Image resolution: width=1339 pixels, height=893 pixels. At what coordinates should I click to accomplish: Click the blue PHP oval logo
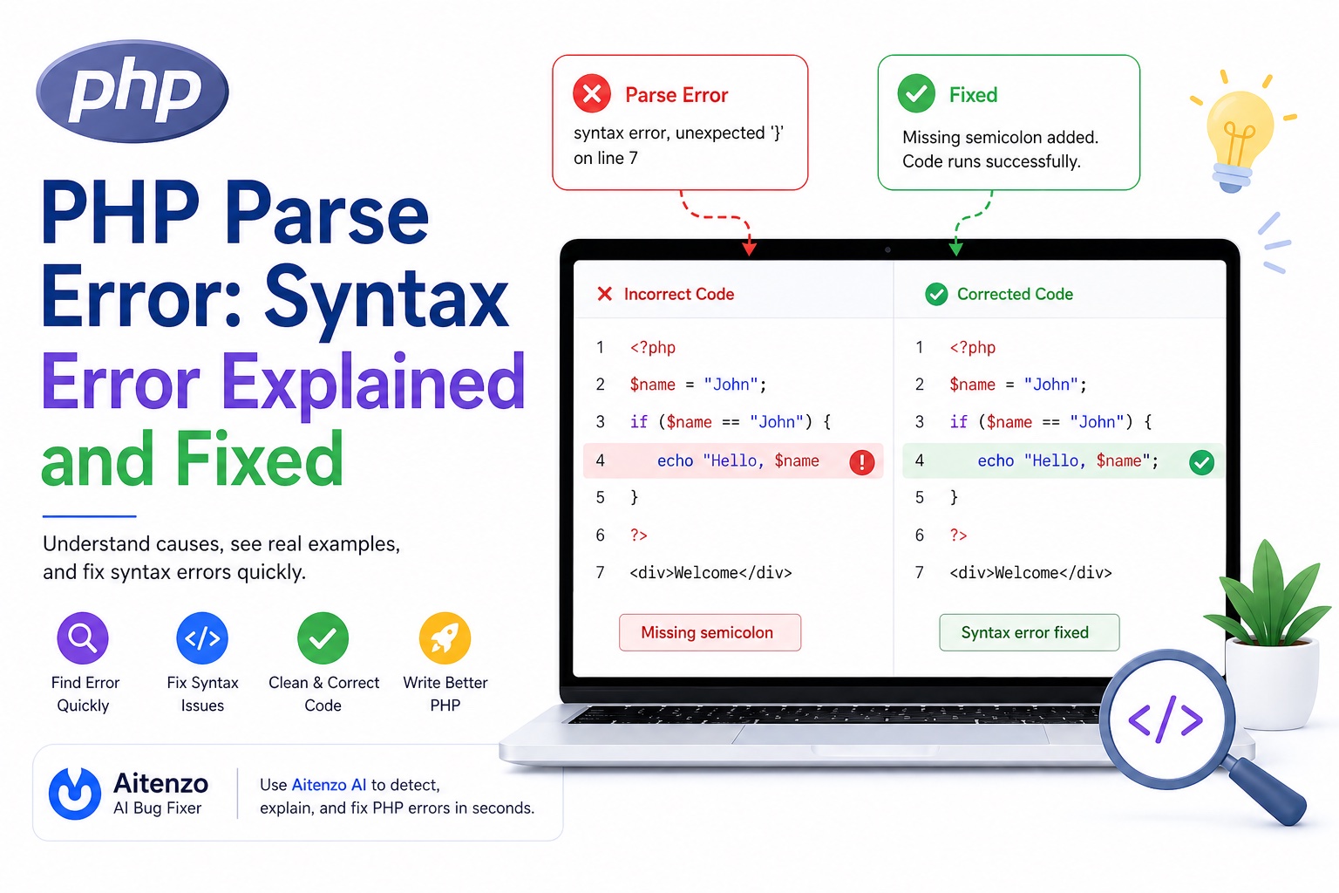pyautogui.click(x=133, y=92)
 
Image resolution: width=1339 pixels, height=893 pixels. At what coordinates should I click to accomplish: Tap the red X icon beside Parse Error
pyautogui.click(x=591, y=93)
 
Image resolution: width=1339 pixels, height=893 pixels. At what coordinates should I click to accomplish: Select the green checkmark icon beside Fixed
pyautogui.click(x=916, y=93)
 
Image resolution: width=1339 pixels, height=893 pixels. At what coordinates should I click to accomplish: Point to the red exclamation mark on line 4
pyautogui.click(x=861, y=462)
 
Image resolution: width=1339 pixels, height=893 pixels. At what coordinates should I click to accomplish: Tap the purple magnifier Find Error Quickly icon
pyautogui.click(x=83, y=638)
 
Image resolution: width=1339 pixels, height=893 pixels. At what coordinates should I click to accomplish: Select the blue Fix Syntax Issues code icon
pyautogui.click(x=202, y=638)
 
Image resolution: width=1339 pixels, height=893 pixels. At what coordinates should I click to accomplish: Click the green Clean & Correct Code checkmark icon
pyautogui.click(x=323, y=638)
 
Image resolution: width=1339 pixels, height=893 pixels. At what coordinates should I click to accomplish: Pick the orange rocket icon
pyautogui.click(x=445, y=638)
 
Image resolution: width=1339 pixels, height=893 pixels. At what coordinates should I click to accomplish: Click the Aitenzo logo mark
pyautogui.click(x=75, y=794)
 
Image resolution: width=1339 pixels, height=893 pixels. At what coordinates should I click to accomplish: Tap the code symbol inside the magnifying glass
pyautogui.click(x=1166, y=719)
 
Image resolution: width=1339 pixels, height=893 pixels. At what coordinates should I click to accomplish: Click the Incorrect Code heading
pyautogui.click(x=678, y=294)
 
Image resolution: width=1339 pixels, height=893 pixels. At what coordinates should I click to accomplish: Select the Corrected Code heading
pyautogui.click(x=1015, y=294)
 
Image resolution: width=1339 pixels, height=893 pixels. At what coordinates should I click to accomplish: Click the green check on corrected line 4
pyautogui.click(x=1201, y=462)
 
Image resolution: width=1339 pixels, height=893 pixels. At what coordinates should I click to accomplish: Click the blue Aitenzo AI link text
pyautogui.click(x=329, y=785)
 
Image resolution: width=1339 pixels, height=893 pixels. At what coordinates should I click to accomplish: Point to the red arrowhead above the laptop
pyautogui.click(x=749, y=249)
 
